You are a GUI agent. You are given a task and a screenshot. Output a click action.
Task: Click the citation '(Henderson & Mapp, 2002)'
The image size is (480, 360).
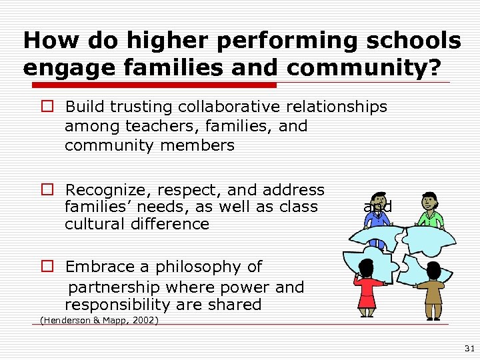99,321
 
